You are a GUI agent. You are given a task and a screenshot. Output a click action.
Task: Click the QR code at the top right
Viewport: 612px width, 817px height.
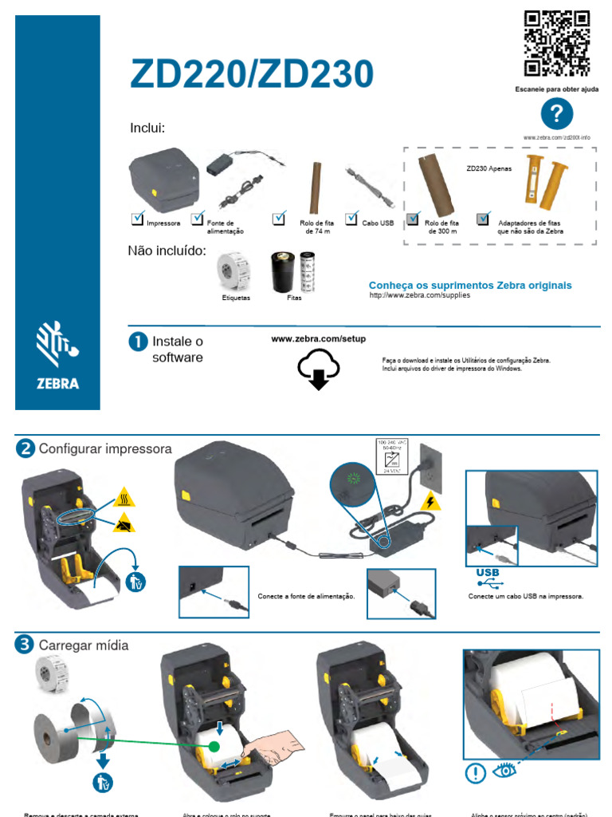coord(556,43)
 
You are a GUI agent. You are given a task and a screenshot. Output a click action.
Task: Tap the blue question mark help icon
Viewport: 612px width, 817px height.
coord(556,115)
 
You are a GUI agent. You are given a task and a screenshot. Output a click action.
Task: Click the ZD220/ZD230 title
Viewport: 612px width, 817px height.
coord(252,75)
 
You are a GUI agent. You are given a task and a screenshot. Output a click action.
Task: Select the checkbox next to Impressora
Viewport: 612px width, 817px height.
coord(137,219)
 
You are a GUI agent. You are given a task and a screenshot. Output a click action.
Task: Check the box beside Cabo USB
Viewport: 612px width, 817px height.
coord(352,219)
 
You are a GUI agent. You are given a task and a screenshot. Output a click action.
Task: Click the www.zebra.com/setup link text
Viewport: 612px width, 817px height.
coord(318,339)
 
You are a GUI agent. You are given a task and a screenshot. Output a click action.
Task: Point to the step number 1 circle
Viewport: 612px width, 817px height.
coord(137,341)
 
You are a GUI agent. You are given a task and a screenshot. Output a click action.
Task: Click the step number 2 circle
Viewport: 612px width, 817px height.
coord(25,448)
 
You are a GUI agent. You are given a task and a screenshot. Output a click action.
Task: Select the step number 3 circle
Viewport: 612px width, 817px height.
coord(25,644)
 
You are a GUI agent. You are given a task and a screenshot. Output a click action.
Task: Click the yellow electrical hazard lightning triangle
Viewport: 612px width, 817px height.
coord(430,502)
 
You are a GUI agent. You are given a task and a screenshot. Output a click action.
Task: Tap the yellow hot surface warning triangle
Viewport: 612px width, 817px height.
coord(124,498)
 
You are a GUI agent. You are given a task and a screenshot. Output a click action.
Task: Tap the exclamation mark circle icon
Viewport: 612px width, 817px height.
coord(476,772)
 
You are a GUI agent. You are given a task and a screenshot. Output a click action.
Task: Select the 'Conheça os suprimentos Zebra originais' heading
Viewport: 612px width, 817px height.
coord(470,285)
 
